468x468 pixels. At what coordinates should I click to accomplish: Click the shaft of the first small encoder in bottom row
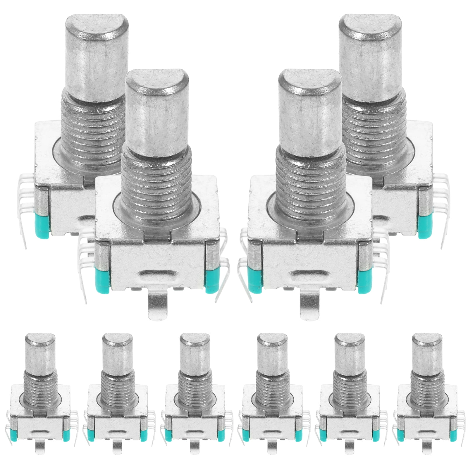[40, 354]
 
